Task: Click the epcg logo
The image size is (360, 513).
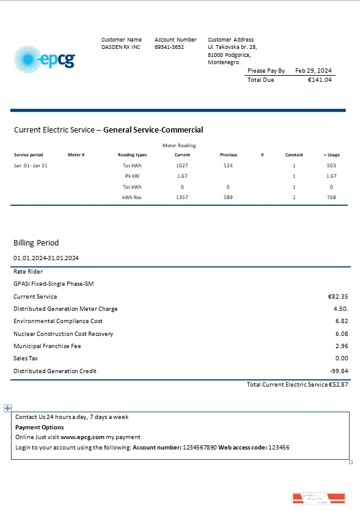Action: click(44, 59)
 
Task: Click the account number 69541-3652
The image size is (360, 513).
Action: click(169, 47)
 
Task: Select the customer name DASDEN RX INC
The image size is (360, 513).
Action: click(121, 47)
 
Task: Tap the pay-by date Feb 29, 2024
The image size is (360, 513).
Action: click(314, 71)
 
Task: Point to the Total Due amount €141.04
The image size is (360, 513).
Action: click(320, 80)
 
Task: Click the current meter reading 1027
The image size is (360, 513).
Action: click(182, 166)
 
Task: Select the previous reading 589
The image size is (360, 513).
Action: click(229, 197)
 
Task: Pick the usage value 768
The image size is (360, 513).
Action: click(331, 197)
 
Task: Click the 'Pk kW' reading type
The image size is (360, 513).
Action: click(132, 176)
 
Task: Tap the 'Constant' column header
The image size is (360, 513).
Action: click(294, 155)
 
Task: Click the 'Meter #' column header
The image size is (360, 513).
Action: click(76, 155)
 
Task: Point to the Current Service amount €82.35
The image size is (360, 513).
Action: click(338, 296)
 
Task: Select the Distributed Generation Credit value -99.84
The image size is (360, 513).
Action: click(339, 371)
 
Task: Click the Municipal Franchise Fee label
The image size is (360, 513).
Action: click(47, 346)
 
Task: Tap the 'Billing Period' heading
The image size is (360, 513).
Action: click(36, 242)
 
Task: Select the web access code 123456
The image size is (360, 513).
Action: click(279, 448)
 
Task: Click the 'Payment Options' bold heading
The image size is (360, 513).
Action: click(40, 428)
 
